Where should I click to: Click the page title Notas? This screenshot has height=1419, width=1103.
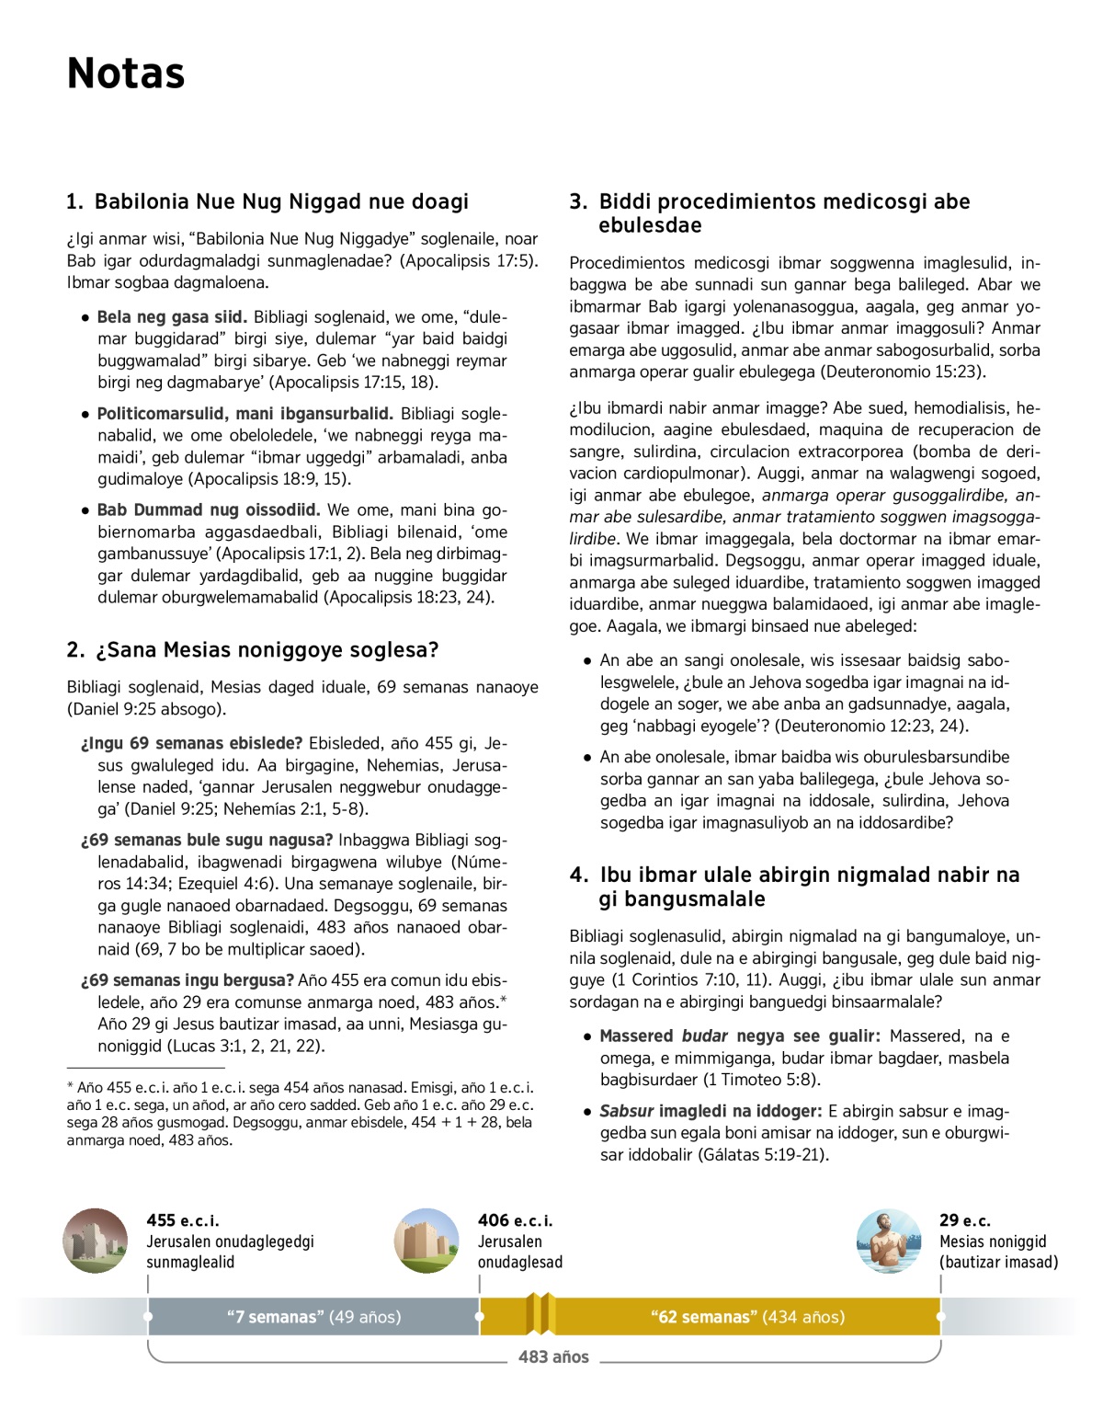(x=126, y=74)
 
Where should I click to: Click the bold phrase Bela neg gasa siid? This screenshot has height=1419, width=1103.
(x=172, y=317)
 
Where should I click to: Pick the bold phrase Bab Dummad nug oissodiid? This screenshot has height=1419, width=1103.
(x=209, y=510)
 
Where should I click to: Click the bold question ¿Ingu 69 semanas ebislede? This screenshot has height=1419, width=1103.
(x=191, y=744)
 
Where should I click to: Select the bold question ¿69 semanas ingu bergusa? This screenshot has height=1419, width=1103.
(x=188, y=980)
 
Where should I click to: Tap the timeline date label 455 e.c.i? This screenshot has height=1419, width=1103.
(x=182, y=1220)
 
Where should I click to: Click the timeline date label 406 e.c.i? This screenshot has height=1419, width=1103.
(x=515, y=1220)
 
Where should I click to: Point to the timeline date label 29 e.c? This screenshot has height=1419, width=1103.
(x=964, y=1220)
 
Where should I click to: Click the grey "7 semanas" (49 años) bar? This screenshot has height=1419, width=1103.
(x=313, y=1317)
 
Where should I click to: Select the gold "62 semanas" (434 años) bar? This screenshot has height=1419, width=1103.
(x=747, y=1317)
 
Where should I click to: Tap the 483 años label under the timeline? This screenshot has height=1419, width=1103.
(x=553, y=1356)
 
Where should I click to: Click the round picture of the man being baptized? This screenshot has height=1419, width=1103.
(x=888, y=1241)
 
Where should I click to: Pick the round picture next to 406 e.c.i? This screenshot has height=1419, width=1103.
(x=426, y=1241)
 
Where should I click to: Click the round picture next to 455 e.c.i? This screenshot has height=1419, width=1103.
(x=96, y=1241)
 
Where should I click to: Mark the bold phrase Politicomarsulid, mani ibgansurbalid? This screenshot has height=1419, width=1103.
(x=245, y=414)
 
